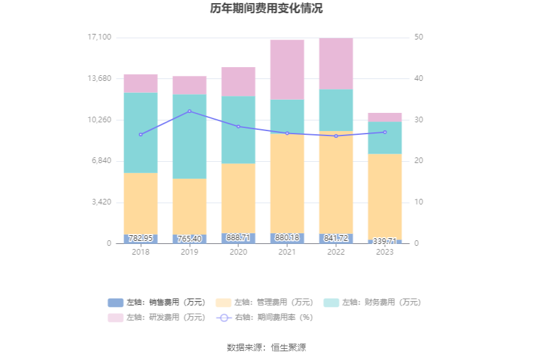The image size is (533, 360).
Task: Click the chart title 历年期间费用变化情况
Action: [266, 9]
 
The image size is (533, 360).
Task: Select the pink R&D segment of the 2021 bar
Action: [287, 70]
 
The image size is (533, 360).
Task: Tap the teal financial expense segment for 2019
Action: [189, 136]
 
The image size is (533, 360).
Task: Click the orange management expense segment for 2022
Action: [336, 182]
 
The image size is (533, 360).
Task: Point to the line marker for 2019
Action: [189, 111]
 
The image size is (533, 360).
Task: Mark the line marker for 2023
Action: [385, 132]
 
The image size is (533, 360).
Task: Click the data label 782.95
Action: [140, 238]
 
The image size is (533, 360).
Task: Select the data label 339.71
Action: [385, 241]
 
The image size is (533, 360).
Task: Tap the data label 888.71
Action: [238, 238]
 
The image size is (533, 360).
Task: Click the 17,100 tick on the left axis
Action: [99, 37]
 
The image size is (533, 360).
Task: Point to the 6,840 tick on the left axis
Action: [100, 161]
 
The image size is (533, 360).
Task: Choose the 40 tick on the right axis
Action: [419, 78]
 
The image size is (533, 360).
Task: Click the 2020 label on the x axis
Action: [238, 252]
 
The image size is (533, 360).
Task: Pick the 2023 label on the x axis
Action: [385, 252]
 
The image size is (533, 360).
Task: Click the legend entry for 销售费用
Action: [157, 302]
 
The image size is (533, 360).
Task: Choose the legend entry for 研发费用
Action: [157, 317]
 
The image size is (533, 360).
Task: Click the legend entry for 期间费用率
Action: [265, 317]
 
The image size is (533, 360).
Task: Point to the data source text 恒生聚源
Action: [288, 347]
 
